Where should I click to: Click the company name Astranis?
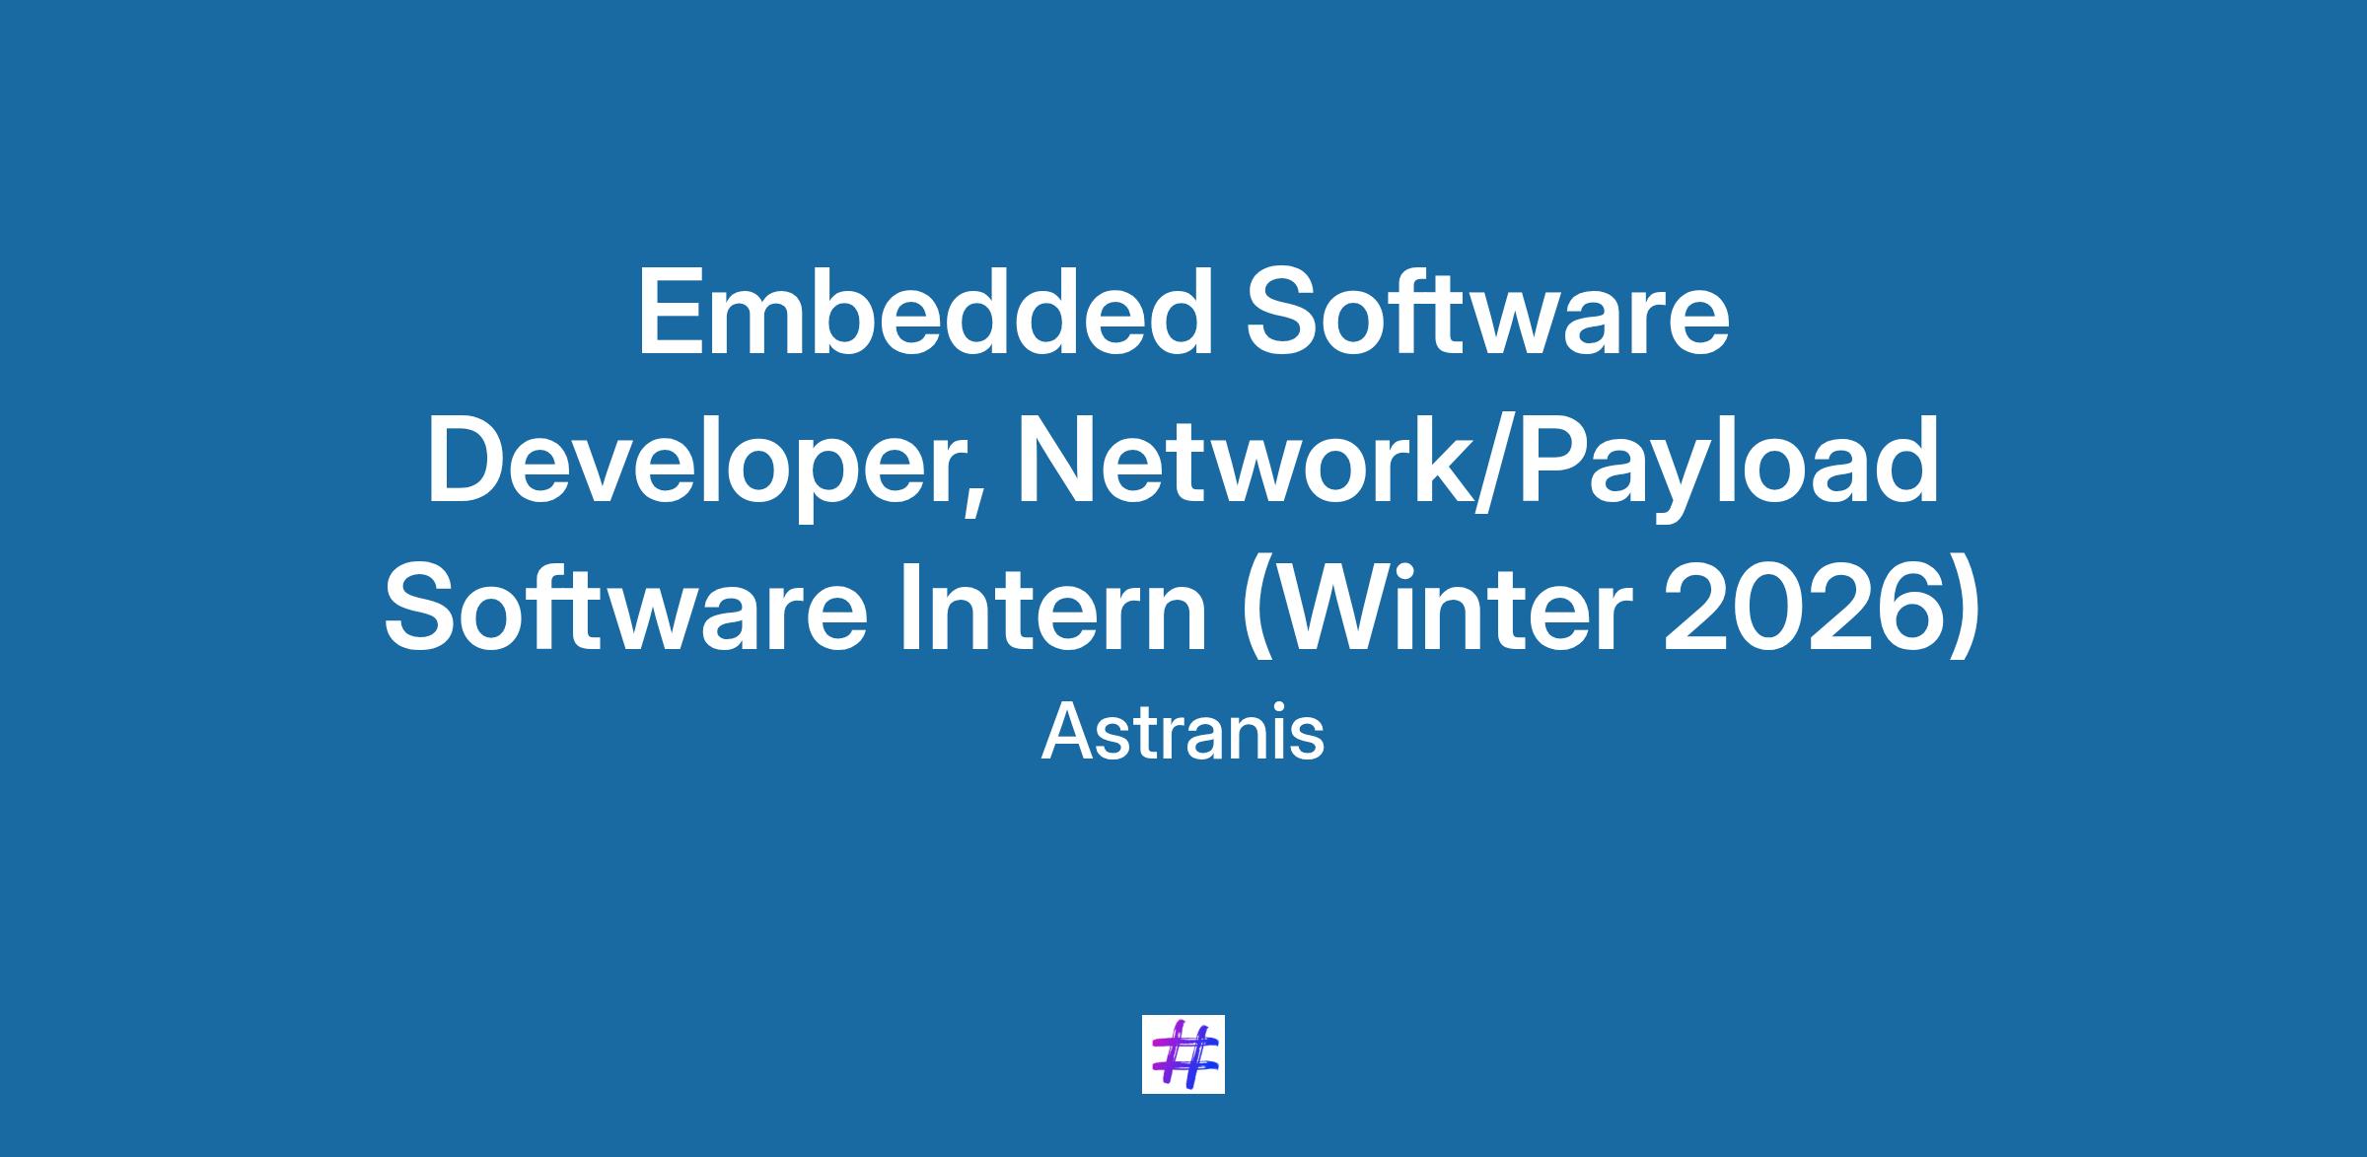click(x=1183, y=734)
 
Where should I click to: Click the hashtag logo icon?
click(x=1183, y=1053)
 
